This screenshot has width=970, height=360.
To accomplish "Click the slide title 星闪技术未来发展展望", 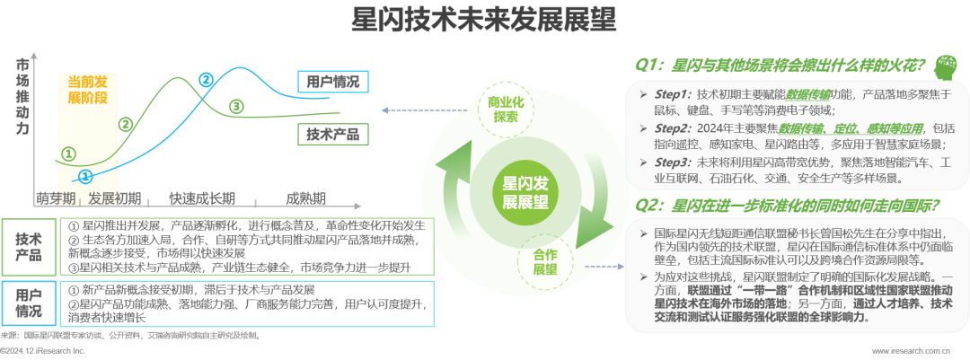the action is click(484, 20).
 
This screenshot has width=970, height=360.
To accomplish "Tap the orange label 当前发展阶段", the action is click(88, 89).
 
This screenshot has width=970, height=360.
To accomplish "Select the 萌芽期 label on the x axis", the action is click(55, 199).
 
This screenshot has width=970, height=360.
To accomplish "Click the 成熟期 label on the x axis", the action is click(305, 199).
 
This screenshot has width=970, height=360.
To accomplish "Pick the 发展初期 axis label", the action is click(114, 199).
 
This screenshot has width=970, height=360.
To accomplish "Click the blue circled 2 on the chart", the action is click(206, 79).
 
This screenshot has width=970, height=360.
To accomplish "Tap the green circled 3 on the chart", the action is click(235, 106).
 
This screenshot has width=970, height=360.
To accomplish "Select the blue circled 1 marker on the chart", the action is click(86, 176).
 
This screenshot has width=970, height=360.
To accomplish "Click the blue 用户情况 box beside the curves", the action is click(333, 81).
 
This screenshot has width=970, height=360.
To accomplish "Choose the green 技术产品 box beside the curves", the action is click(333, 134).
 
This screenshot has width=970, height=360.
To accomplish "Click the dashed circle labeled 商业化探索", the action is click(506, 109).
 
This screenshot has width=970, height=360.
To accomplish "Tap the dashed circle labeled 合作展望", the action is click(546, 262).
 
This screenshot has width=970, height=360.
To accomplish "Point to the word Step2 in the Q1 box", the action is click(672, 128).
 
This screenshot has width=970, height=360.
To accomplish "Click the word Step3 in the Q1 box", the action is click(672, 162).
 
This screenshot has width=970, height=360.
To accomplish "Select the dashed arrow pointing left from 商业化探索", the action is click(426, 110).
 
